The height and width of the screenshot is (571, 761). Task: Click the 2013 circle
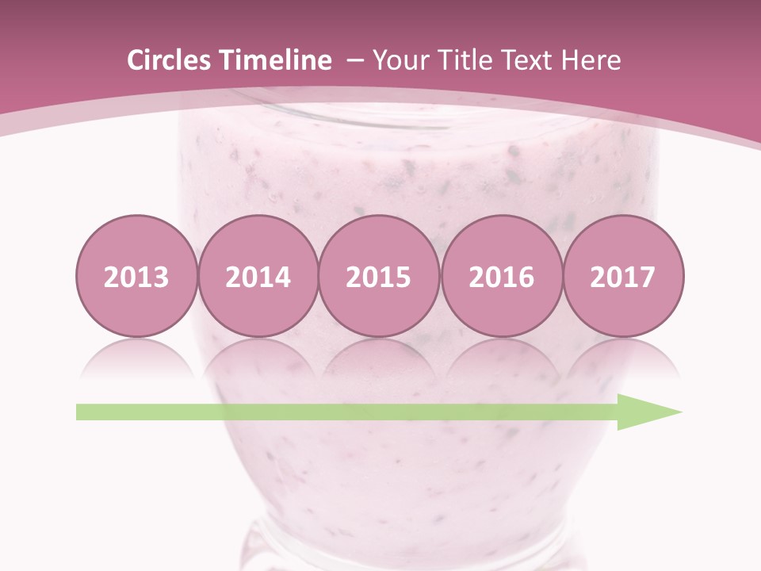coord(136,276)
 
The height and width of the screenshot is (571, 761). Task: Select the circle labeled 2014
coord(258,276)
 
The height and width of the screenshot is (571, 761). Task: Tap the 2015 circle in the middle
coord(379,276)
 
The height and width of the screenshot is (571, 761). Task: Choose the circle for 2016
coord(502,276)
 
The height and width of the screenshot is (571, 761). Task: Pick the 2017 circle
coord(623,276)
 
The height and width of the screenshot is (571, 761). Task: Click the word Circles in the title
coord(170,60)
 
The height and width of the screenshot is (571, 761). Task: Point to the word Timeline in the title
coord(276,60)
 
